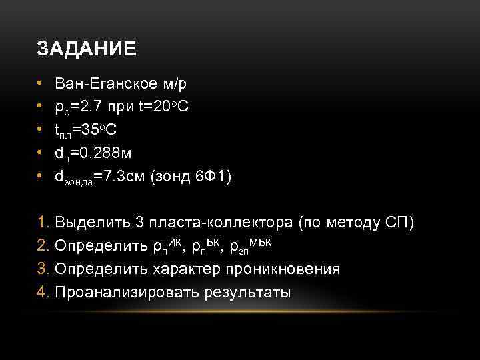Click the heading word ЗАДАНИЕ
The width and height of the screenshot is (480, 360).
click(87, 49)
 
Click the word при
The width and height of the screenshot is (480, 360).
click(126, 107)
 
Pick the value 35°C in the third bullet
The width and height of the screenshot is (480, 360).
click(107, 130)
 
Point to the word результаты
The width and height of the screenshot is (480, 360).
click(249, 293)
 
